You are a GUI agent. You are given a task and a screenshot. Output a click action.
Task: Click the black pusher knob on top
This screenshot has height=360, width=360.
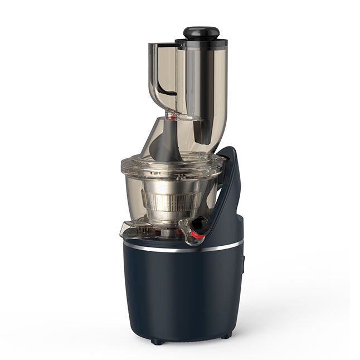(x=201, y=32)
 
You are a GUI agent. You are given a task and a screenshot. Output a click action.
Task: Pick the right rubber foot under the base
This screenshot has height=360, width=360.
(x=225, y=335)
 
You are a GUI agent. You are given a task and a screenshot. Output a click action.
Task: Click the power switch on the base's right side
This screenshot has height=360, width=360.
(x=244, y=264)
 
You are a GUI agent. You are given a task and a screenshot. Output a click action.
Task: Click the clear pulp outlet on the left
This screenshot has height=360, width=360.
(x=130, y=228)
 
